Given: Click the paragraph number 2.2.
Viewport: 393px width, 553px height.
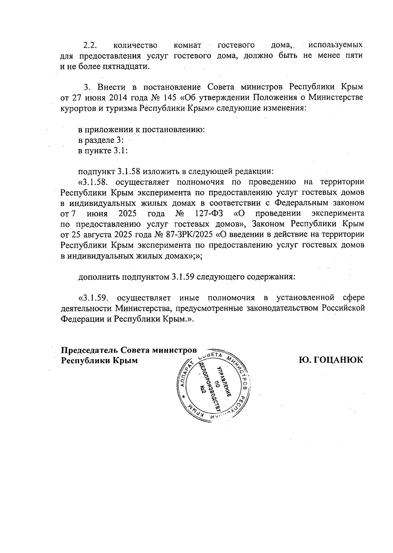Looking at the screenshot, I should [88, 45].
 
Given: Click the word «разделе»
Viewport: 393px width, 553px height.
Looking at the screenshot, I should [100, 140].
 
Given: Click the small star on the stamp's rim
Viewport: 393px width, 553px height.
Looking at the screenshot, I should [184, 397].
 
